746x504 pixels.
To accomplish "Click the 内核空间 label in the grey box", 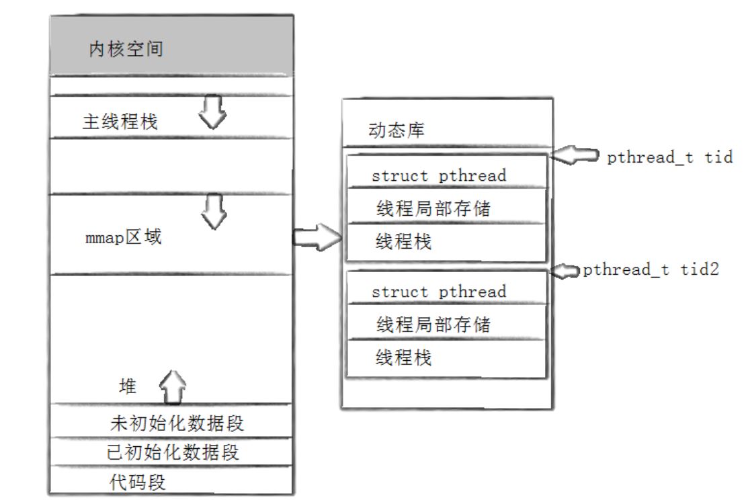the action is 126,49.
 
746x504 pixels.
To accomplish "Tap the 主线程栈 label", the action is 120,122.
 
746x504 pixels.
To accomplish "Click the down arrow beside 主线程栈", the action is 212,112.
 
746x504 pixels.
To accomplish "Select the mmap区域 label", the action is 124,237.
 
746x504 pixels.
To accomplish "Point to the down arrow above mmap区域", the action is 214,211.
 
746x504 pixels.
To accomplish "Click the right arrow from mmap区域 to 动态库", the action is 317,237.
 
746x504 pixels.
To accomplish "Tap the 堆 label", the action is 128,386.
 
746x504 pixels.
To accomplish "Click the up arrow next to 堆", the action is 172,387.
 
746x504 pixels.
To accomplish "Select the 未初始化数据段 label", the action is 177,423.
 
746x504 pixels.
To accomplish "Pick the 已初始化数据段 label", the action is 173,452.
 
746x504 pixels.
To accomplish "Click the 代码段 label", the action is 138,482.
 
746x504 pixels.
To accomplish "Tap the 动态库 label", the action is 397,130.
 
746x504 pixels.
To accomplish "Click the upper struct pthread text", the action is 439,175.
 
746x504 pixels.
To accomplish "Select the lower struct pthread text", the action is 439,292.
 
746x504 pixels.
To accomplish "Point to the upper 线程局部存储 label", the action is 433,208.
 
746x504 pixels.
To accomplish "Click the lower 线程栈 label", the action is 403,358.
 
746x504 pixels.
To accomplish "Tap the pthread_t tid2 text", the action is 651,269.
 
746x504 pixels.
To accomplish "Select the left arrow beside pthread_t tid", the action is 574,156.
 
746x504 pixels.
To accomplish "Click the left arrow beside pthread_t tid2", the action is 565,271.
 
